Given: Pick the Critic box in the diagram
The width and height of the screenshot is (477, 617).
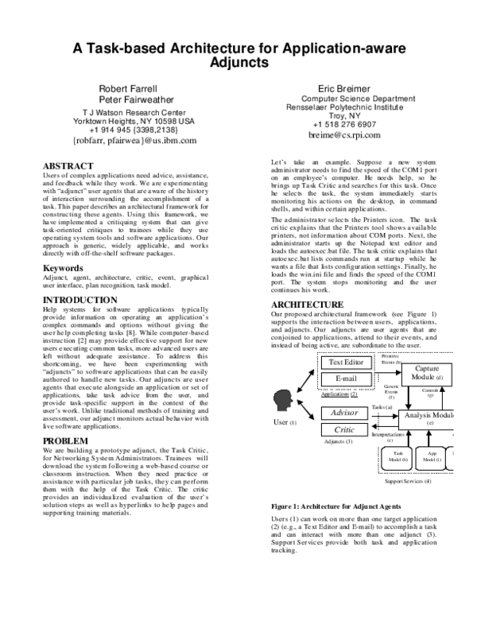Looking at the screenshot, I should [345, 429].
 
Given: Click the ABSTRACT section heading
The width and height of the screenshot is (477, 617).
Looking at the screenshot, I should [71, 166].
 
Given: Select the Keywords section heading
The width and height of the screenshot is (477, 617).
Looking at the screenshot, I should [65, 268].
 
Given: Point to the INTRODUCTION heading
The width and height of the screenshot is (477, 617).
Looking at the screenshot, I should [79, 300].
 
